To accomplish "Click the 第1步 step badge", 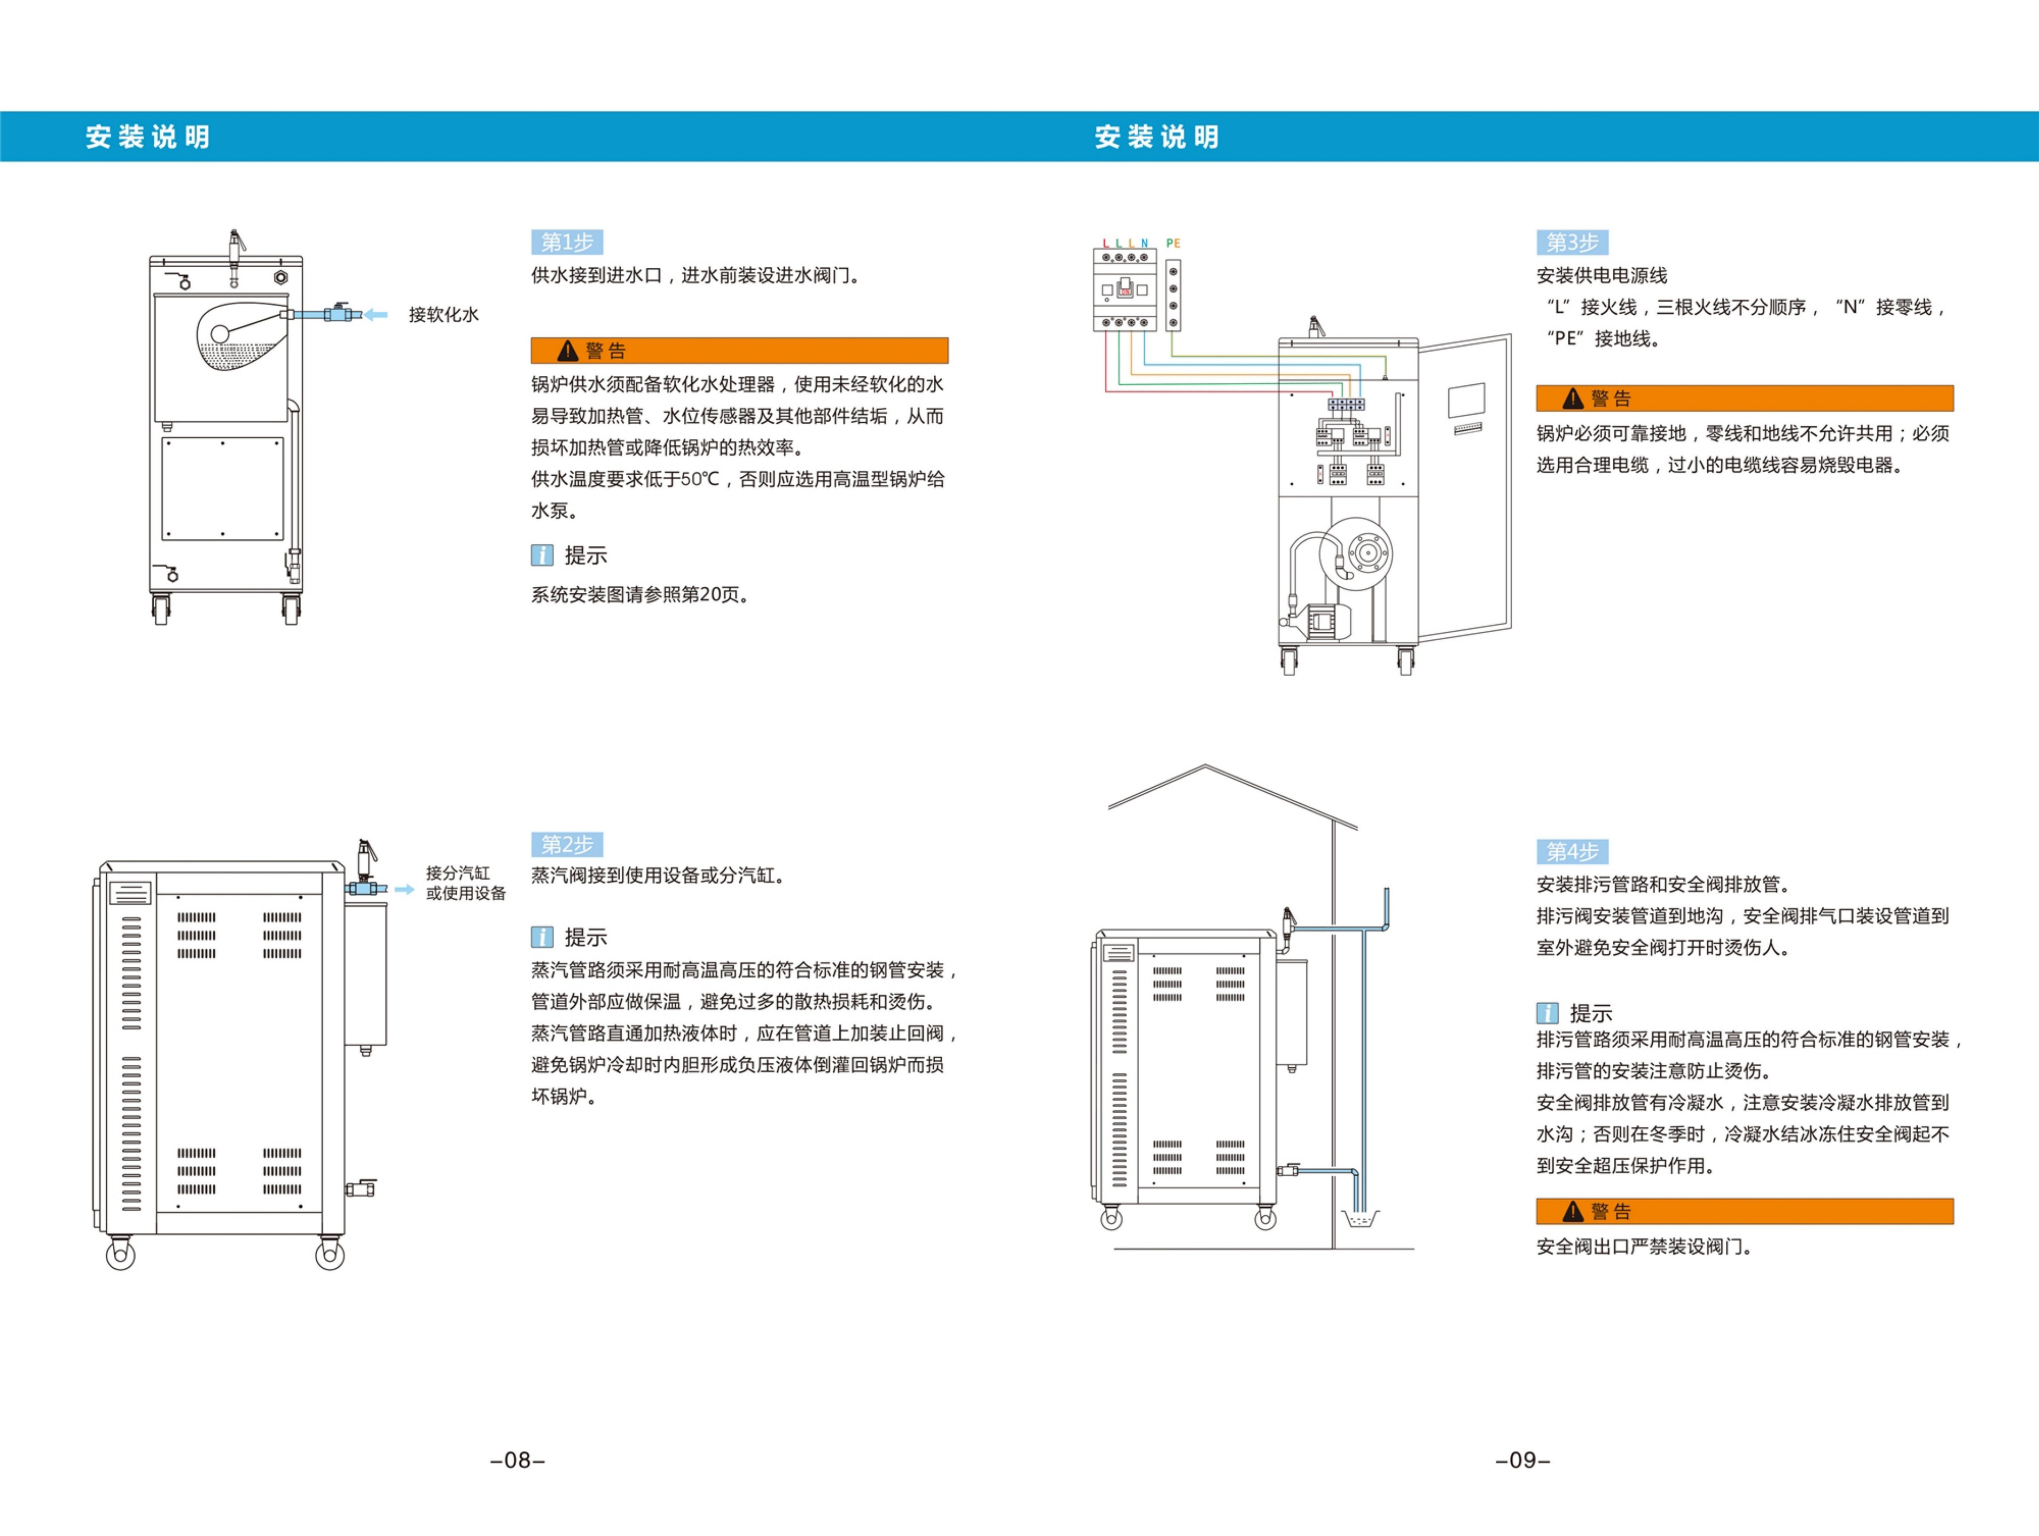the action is [x=567, y=242].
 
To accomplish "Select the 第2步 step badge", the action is [x=567, y=844].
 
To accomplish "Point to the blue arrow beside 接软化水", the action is [x=376, y=315].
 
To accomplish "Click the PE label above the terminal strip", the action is [x=1173, y=243].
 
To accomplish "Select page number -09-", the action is [x=1523, y=1460].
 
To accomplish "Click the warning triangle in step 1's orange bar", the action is [x=568, y=351].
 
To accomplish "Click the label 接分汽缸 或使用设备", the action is [x=466, y=883].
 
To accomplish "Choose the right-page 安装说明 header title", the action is [x=1157, y=137].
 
